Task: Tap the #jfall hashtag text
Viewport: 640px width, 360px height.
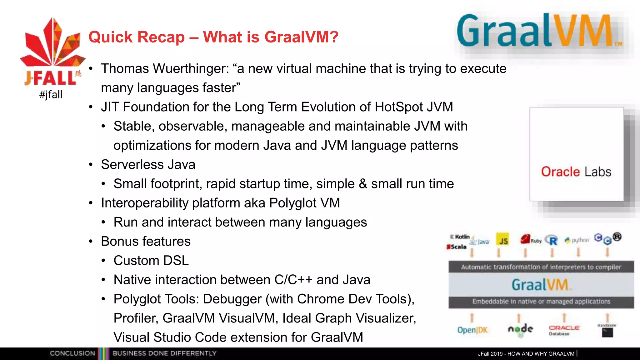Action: [x=51, y=94]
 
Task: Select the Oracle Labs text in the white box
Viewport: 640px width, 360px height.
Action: [x=576, y=172]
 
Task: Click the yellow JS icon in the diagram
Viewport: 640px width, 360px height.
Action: [x=502, y=240]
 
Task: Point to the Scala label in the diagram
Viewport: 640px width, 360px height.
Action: [x=457, y=247]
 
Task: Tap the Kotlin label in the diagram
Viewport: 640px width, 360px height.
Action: [x=460, y=237]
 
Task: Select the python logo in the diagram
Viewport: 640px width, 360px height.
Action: [x=577, y=240]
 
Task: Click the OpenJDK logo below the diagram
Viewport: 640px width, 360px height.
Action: [x=472, y=330]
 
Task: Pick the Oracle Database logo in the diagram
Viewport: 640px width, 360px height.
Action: [x=564, y=330]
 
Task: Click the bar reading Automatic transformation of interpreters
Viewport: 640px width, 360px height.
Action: [x=541, y=267]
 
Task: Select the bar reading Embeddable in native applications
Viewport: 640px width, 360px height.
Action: [x=541, y=302]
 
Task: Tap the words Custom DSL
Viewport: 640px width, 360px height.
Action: [x=151, y=261]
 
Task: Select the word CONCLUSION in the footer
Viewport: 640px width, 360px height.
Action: [x=72, y=353]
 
